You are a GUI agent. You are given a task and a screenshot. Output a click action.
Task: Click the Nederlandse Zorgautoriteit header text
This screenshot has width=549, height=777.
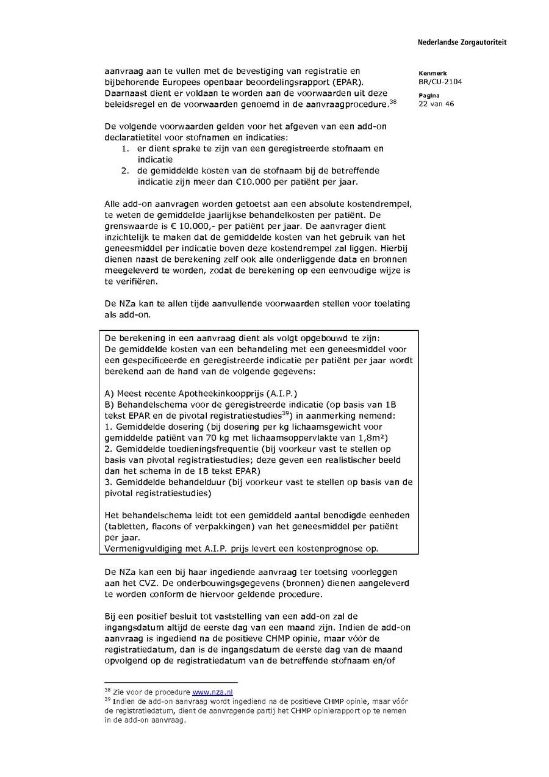[x=462, y=43]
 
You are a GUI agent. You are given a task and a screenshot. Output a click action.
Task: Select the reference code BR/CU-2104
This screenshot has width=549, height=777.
[x=436, y=81]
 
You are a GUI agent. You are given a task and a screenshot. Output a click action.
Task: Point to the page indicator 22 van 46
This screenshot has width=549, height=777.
[x=436, y=104]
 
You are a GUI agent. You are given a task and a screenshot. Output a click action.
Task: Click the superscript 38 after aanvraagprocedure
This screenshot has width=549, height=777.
[x=393, y=101]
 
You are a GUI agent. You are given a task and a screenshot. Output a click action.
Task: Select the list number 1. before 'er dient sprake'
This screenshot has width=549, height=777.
[x=124, y=148]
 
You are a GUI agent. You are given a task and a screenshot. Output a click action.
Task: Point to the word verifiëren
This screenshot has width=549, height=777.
[x=140, y=282]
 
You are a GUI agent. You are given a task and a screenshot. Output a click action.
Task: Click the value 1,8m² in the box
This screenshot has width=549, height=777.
[x=371, y=438]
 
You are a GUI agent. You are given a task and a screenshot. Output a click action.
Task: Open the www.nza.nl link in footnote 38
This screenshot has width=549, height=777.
[x=213, y=692]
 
